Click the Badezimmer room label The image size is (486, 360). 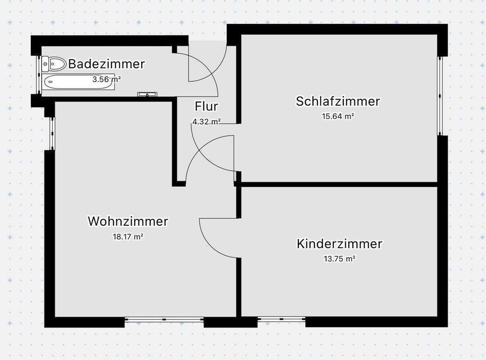tap(106, 64)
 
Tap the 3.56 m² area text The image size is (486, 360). tap(106, 79)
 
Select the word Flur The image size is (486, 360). tap(207, 106)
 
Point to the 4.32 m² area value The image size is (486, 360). tap(206, 122)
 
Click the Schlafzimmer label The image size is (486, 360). tap(338, 101)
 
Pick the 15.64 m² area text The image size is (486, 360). tap(338, 116)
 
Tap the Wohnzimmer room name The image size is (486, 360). tap(128, 221)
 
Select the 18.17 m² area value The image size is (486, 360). tap(128, 236)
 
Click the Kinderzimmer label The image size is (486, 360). tap(339, 244)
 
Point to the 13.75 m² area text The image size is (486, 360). tap(339, 258)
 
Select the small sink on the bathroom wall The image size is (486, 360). tap(148, 94)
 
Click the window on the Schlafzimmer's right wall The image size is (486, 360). tap(440, 96)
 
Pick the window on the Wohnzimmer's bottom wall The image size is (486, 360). tap(164, 319)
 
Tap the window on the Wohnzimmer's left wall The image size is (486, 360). tap(52, 133)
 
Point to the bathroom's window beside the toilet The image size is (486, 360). tap(39, 74)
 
